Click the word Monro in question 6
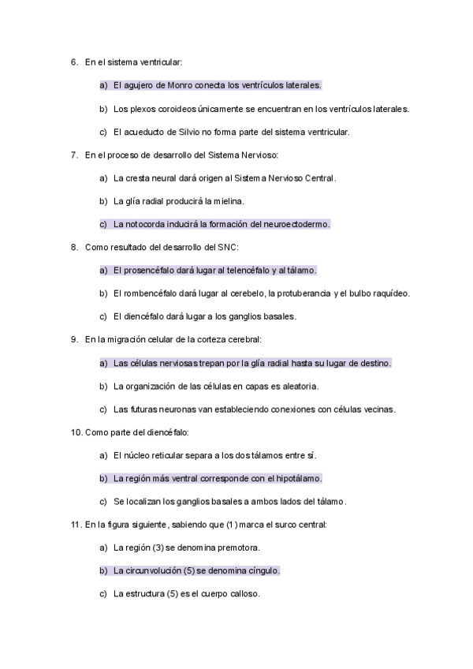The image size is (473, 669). pyautogui.click(x=181, y=85)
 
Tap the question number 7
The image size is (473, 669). pyautogui.click(x=74, y=155)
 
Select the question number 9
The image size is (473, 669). pyautogui.click(x=74, y=340)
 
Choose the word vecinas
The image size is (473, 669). pyautogui.click(x=378, y=409)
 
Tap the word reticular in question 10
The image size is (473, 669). pyautogui.click(x=168, y=456)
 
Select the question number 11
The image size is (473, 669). pyautogui.click(x=76, y=525)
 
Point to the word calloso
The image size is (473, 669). pyautogui.click(x=243, y=594)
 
